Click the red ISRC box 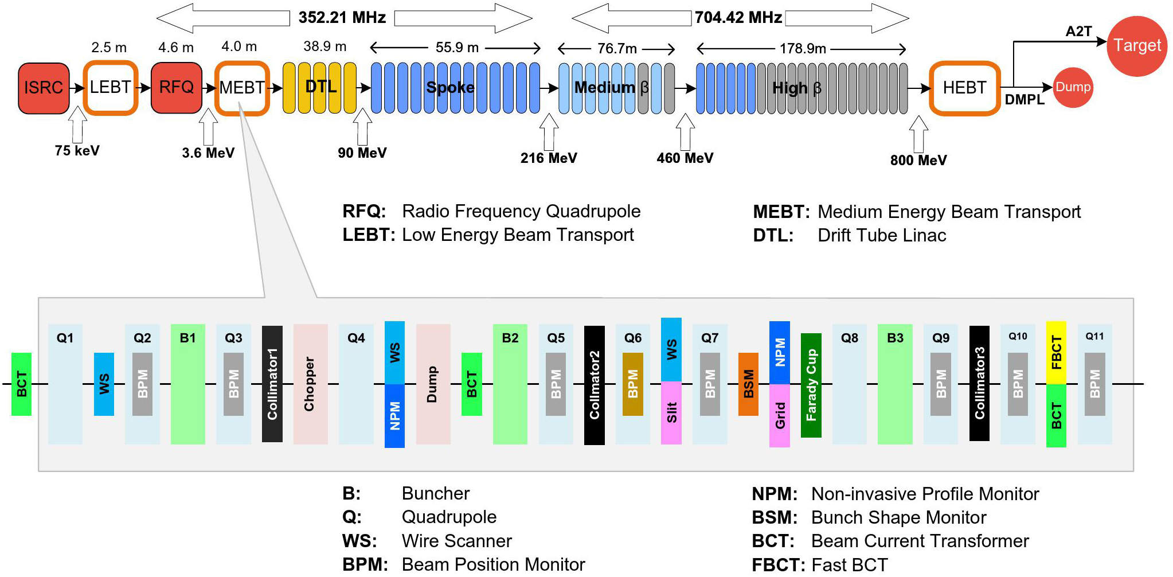click(44, 88)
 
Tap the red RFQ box click(177, 88)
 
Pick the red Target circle click(1137, 46)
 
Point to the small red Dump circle click(1073, 87)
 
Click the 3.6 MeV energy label click(208, 153)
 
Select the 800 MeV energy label click(918, 161)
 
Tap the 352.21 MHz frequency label click(342, 18)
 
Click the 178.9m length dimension click(803, 49)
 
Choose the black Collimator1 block click(272, 384)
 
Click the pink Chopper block click(310, 384)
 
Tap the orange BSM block click(748, 384)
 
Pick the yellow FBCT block click(1056, 353)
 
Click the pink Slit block click(671, 413)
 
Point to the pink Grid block click(780, 416)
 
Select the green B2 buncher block click(510, 384)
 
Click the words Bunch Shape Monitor click(898, 518)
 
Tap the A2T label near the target click(1078, 32)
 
